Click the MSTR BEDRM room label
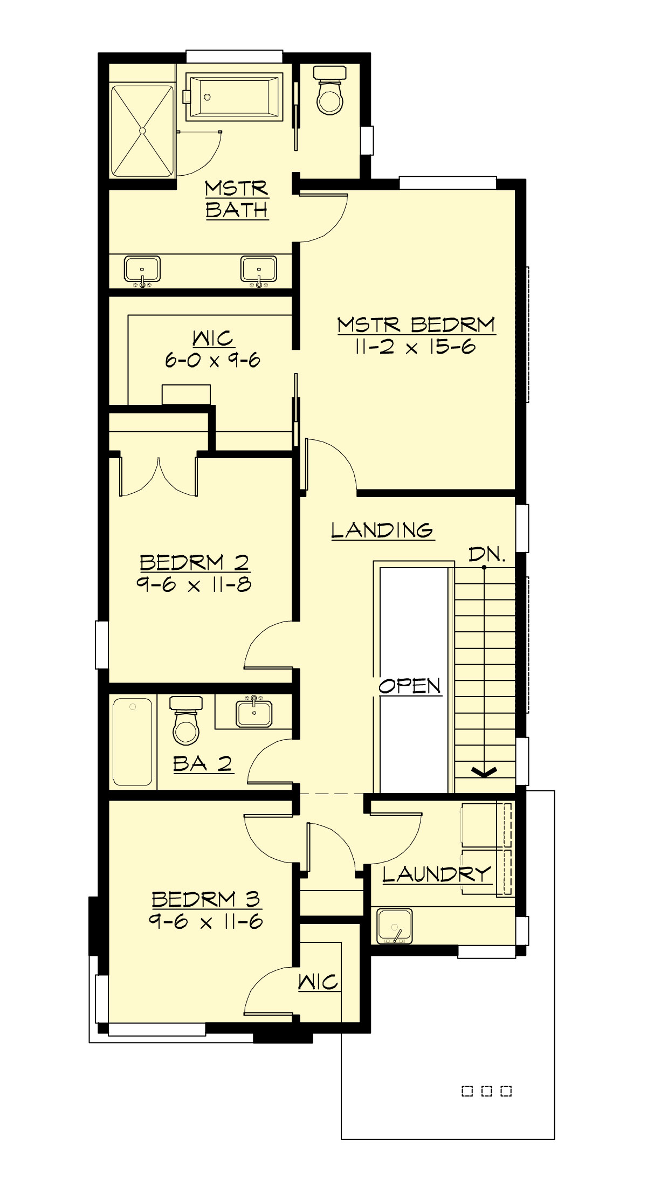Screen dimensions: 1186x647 416,325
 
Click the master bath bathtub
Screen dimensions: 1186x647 235,97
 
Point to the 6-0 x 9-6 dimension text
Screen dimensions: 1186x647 213,360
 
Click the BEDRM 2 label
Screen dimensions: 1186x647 195,563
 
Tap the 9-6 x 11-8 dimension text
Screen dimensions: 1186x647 194,585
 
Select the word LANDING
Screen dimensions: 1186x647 382,530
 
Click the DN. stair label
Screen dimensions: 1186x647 487,554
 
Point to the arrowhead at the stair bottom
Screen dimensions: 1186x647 485,773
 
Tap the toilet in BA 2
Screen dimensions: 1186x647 186,721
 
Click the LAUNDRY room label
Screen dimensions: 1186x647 437,874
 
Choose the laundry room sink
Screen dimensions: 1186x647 394,926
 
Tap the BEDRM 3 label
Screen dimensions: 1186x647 206,900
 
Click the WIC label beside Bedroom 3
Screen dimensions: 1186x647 318,982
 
